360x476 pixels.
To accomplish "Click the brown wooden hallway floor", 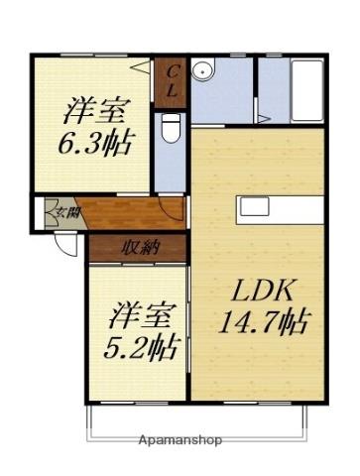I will (x=119, y=213).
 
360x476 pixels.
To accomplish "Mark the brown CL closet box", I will (x=171, y=80).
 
